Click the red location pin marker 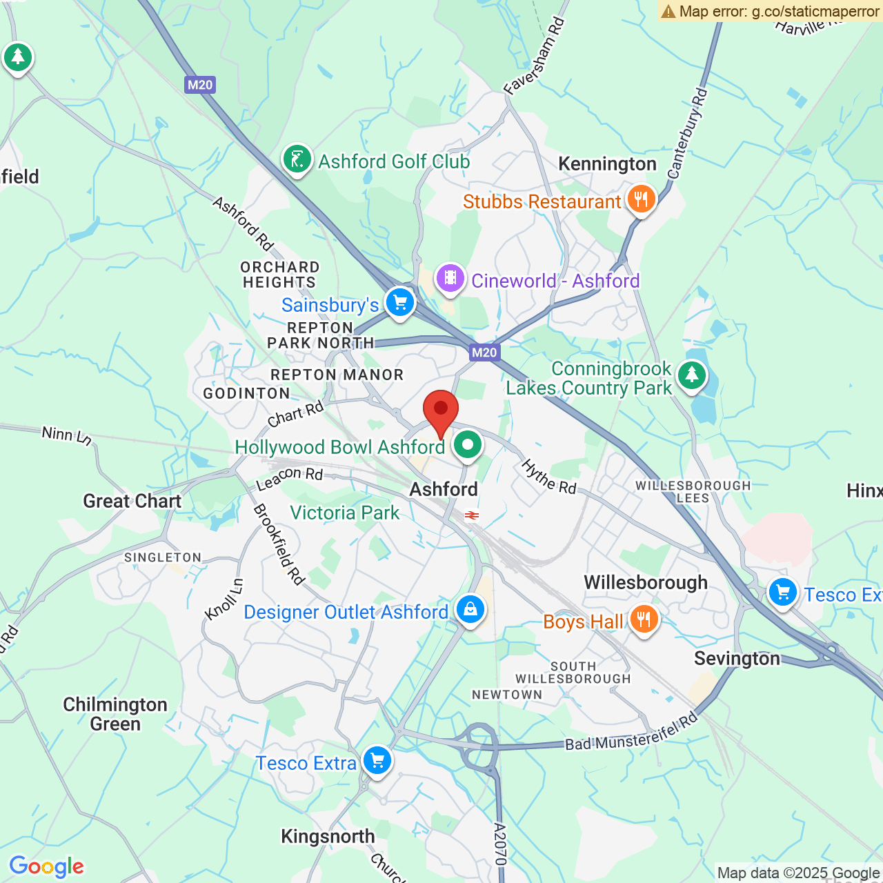tap(440, 410)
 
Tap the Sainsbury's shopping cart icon tap(399, 302)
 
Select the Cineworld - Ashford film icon tap(450, 279)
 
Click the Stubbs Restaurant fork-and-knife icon tap(641, 199)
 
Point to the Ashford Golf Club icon tap(297, 160)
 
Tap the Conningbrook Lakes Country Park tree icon tap(691, 376)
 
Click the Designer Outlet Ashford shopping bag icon tap(470, 609)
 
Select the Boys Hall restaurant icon tap(643, 619)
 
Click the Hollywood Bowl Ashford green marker tap(468, 445)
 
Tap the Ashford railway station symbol tap(472, 515)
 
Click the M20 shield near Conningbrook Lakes tap(484, 353)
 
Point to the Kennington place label tap(607, 163)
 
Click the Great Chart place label tap(132, 501)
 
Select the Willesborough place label tap(646, 582)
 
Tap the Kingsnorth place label tap(328, 836)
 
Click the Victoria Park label tap(344, 513)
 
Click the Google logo tap(47, 866)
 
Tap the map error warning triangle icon tap(668, 11)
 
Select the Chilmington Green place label tap(115, 714)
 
